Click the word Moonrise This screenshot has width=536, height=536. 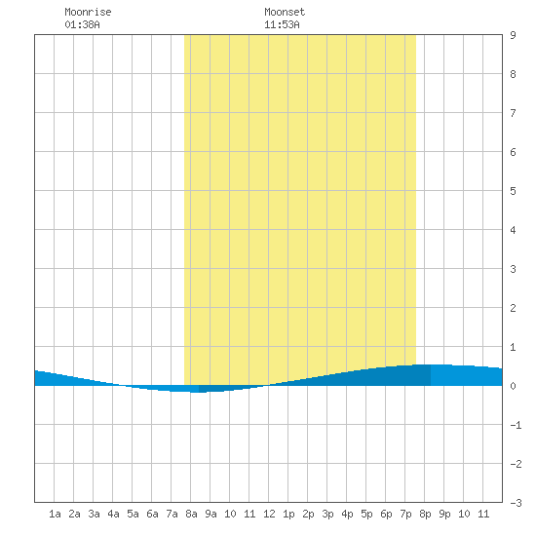click(88, 12)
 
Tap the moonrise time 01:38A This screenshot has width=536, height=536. click(83, 24)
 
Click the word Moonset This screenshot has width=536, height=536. click(285, 12)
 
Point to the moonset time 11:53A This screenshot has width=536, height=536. click(282, 24)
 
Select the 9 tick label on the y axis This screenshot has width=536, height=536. click(513, 35)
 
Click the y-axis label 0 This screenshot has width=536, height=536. click(513, 386)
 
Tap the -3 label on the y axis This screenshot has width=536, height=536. click(516, 503)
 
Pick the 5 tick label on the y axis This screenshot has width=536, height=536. click(513, 191)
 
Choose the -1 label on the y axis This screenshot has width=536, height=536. click(516, 425)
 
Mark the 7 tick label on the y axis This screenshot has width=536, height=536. click(513, 113)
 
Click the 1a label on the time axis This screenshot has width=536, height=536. click(55, 514)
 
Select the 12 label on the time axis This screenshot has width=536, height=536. click(269, 514)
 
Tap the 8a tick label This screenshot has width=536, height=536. click(191, 514)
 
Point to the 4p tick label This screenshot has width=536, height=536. click(347, 514)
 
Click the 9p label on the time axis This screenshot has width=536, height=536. click(444, 514)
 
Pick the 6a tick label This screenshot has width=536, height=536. click(152, 514)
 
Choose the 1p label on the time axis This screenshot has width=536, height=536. click(288, 514)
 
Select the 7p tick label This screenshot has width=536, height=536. click(405, 514)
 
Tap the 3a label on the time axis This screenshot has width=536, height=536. click(94, 514)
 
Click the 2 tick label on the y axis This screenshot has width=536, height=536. click(513, 308)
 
